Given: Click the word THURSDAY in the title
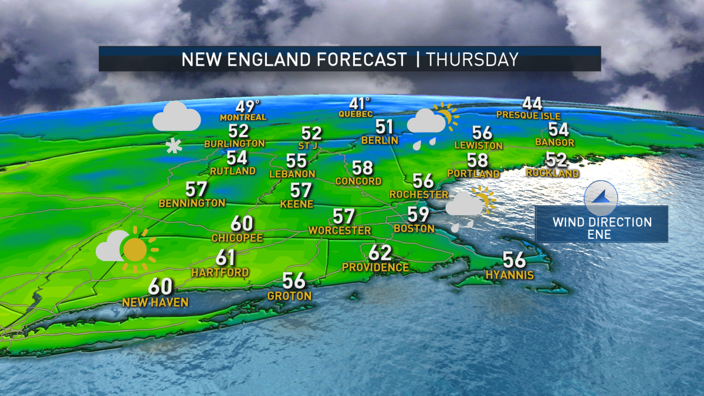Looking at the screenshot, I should click(x=472, y=59).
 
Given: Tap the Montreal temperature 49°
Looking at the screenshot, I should click(x=248, y=106).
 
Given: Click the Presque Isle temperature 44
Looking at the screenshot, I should click(x=532, y=104).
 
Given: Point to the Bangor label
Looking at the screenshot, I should click(x=554, y=142).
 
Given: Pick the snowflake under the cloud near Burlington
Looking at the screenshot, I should click(x=174, y=147).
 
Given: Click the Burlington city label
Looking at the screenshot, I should click(x=235, y=143).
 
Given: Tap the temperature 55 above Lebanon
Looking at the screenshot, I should click(x=297, y=161).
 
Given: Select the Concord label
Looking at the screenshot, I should click(x=358, y=181).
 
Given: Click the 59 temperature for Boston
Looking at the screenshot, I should click(x=418, y=215).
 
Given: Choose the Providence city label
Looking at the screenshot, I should click(x=375, y=267).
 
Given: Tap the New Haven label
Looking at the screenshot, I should click(x=155, y=302).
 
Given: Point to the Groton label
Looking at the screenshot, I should click(x=289, y=296).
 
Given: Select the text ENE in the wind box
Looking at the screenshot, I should click(x=602, y=235).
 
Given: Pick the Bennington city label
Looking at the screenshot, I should click(x=192, y=202).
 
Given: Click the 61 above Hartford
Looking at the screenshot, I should click(x=226, y=258).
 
